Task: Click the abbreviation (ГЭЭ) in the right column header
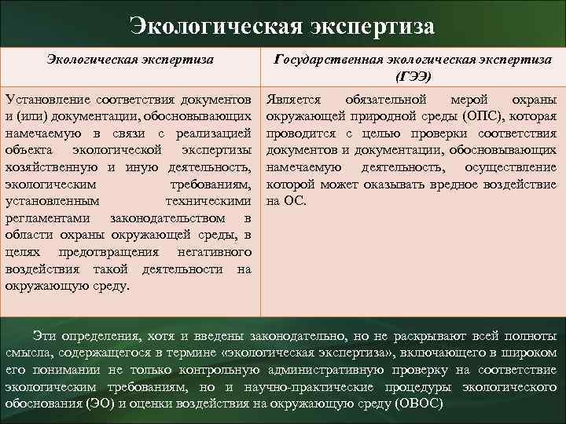pyautogui.click(x=414, y=76)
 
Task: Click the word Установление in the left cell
pyautogui.click(x=46, y=100)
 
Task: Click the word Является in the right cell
pyautogui.click(x=292, y=100)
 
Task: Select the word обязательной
pyautogui.click(x=385, y=100)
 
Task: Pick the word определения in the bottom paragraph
pyautogui.click(x=97, y=335)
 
